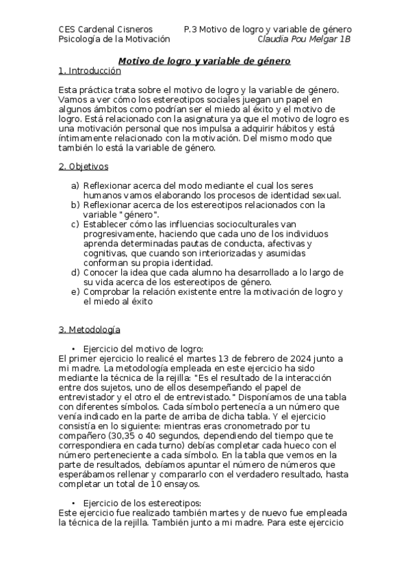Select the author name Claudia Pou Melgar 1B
pyautogui.click(x=304, y=39)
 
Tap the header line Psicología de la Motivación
pyautogui.click(x=114, y=39)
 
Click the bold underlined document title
pyautogui.click(x=205, y=62)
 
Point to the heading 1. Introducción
pyautogui.click(x=90, y=70)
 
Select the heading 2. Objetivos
pyautogui.click(x=83, y=166)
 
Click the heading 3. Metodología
pyautogui.click(x=89, y=330)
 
